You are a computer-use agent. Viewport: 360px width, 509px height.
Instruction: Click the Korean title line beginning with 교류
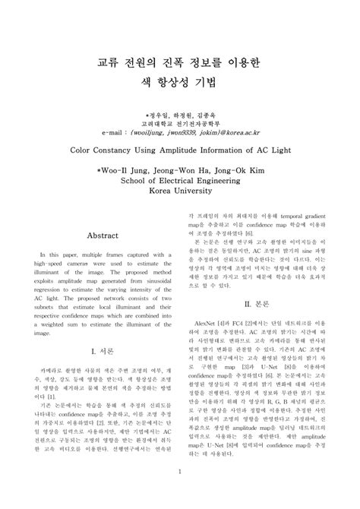coord(179,64)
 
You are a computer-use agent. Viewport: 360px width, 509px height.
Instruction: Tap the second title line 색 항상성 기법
coord(179,87)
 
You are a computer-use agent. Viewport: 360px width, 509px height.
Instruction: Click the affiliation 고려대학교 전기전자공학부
coord(179,122)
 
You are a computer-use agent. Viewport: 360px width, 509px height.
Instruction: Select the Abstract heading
coord(103,236)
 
